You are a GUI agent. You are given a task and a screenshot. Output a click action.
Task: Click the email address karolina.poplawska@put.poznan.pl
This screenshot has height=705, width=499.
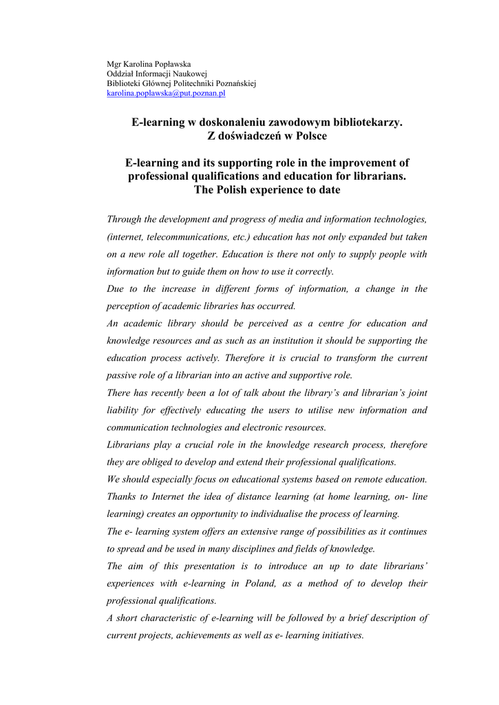click(x=166, y=92)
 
